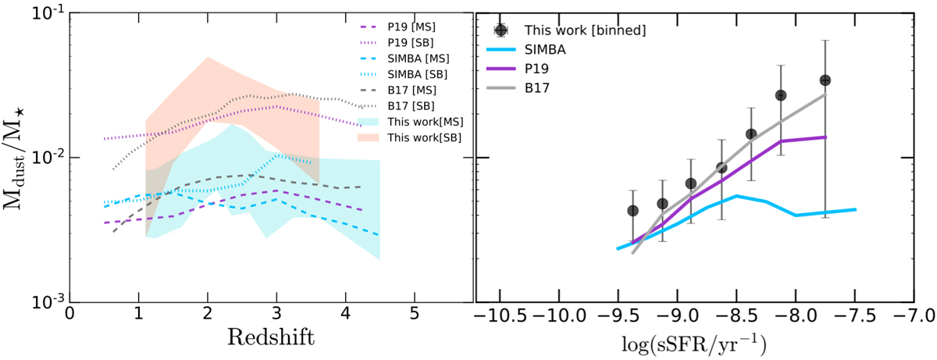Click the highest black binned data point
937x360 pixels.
(x=825, y=80)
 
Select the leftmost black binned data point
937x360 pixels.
(x=632, y=211)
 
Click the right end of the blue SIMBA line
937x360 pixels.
(x=857, y=209)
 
